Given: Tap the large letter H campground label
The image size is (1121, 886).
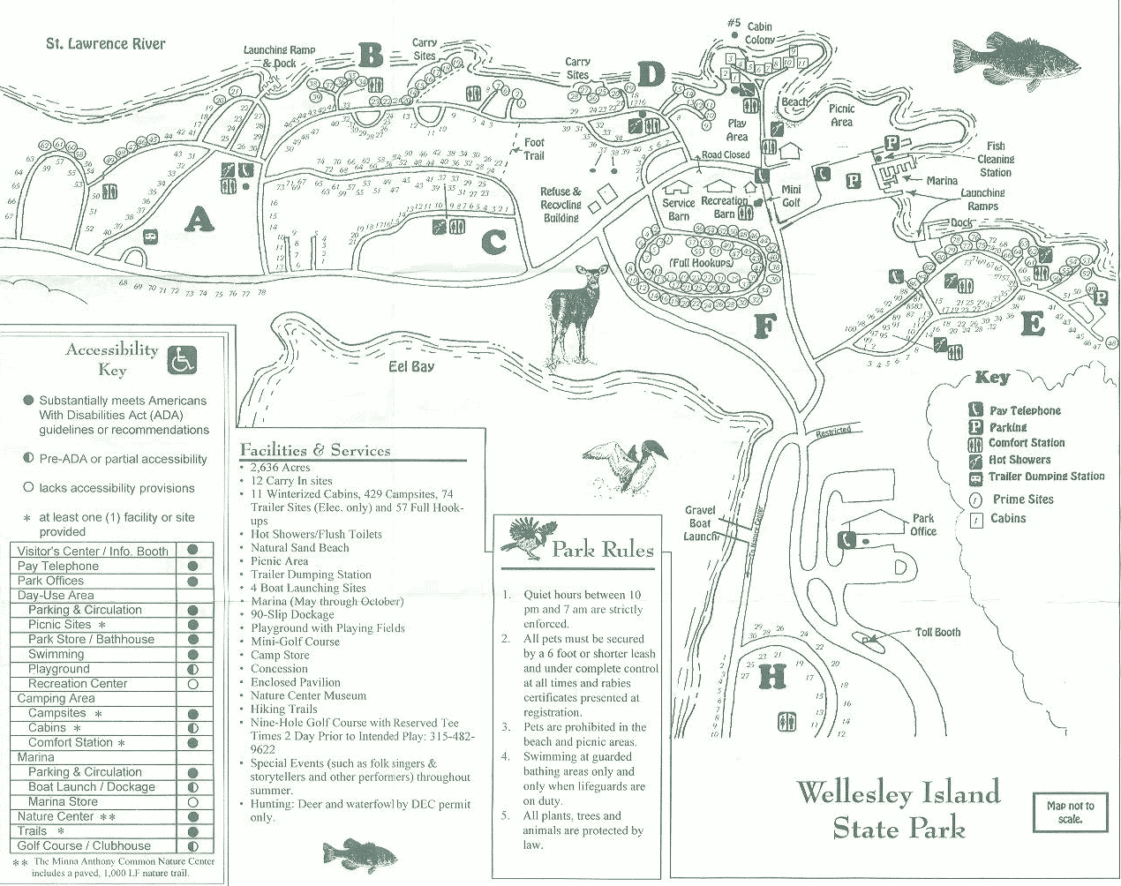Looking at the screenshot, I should coord(771,677).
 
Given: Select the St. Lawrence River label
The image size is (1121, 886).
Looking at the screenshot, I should coord(106,43).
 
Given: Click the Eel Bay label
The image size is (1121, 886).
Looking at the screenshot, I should coord(411,365).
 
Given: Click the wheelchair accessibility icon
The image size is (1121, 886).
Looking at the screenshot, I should coord(183,360).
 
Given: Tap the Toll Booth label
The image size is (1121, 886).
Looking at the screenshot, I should coord(937,632).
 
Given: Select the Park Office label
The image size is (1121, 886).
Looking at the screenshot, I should coord(923,525).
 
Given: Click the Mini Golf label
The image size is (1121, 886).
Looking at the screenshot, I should coord(791,196).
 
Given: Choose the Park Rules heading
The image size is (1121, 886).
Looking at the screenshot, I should coord(602,551).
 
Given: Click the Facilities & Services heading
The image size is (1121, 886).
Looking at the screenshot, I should coord(315,450).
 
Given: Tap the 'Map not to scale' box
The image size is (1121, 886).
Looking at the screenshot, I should coord(1070,812).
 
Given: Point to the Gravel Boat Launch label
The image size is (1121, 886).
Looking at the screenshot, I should coord(700,523).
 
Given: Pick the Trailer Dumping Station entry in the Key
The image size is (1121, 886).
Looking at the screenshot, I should coord(1045,477).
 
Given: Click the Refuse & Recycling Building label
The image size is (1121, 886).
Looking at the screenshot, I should coord(561,205).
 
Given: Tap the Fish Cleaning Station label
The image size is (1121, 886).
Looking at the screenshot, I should coord(996,160).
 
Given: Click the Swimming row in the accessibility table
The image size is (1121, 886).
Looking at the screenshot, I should coord(56,654).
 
